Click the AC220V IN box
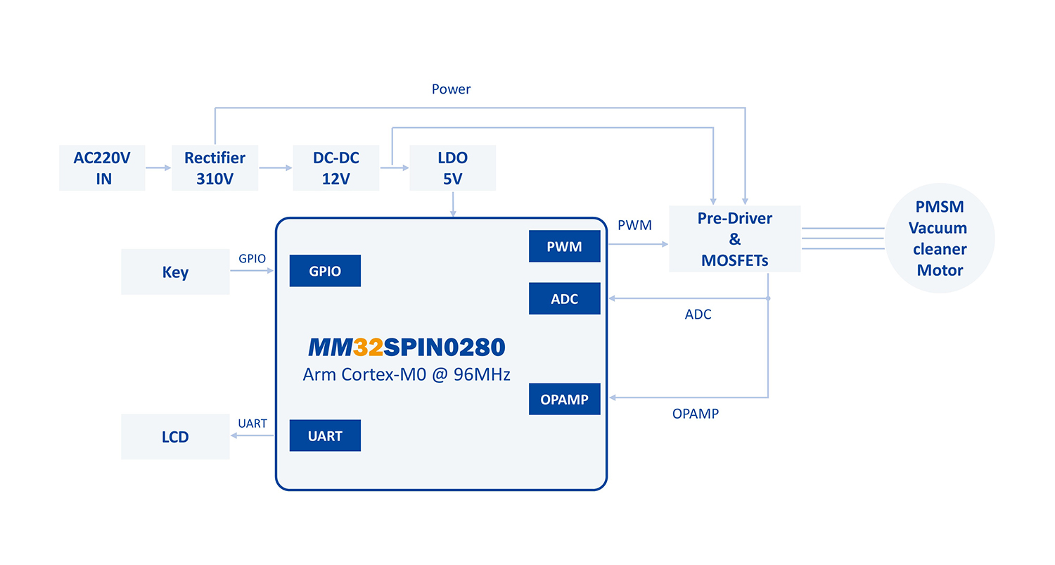[102, 168]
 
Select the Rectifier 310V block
[215, 168]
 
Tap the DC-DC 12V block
[335, 168]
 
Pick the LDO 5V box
[452, 168]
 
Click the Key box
[175, 272]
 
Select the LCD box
[175, 436]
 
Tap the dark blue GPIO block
[325, 271]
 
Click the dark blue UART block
[325, 436]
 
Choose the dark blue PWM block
[564, 246]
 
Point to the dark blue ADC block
[564, 299]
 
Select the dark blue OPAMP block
[564, 399]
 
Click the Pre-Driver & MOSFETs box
[734, 239]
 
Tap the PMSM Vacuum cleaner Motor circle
[939, 239]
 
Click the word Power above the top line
[451, 89]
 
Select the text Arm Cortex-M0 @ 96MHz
[407, 374]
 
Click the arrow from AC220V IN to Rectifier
[158, 168]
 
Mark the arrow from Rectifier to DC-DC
[275, 168]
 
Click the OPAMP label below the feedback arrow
[695, 414]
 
